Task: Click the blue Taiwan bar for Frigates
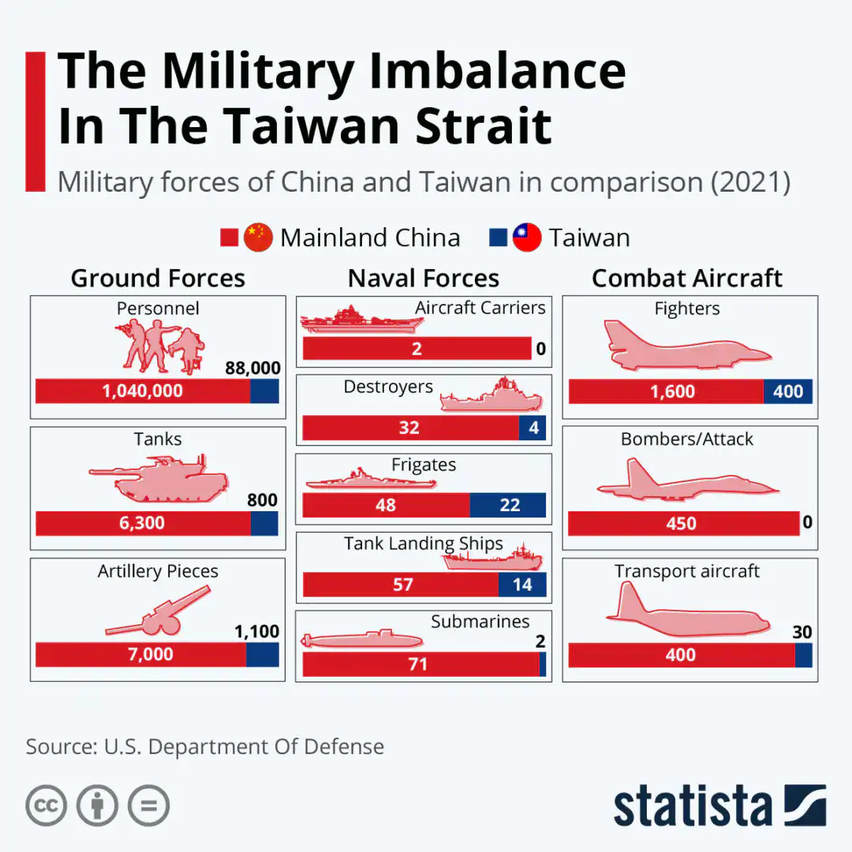coord(508,505)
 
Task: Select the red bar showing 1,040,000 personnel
coord(143,390)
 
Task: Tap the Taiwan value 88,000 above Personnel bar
coord(252,368)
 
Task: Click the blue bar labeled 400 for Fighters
coord(787,391)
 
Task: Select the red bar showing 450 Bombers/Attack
coord(683,523)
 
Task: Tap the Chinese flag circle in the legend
coord(258,237)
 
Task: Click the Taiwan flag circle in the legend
coord(527,237)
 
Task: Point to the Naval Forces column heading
coord(424,278)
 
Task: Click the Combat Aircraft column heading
coord(687,278)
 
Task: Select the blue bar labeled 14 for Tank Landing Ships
coord(522,585)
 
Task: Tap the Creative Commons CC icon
coord(46,805)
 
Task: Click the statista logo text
coord(693,807)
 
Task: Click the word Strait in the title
coord(484,126)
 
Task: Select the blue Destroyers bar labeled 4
coord(532,428)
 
